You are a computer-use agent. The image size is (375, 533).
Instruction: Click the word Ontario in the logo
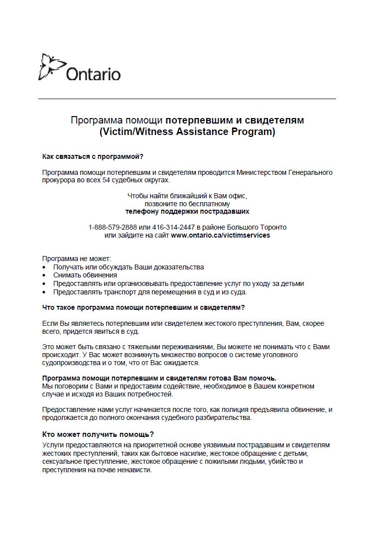[x=93, y=74]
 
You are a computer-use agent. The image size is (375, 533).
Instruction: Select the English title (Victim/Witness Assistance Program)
[x=187, y=132]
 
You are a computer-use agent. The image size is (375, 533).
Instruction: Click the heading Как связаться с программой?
[x=93, y=157]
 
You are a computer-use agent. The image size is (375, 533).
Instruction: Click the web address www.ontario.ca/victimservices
[x=220, y=235]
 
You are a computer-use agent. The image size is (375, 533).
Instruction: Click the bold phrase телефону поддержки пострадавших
[x=187, y=211]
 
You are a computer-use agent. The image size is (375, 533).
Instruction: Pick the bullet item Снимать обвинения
[x=85, y=275]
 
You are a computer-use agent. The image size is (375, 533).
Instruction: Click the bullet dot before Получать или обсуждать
[x=44, y=267]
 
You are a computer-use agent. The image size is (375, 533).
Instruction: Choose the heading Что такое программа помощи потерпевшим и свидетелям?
[x=143, y=307]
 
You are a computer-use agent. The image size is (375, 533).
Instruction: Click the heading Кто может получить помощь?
[x=98, y=434]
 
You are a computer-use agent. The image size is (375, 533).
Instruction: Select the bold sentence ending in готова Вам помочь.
[x=159, y=378]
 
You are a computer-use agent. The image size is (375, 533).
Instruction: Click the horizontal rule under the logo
[x=187, y=99]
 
